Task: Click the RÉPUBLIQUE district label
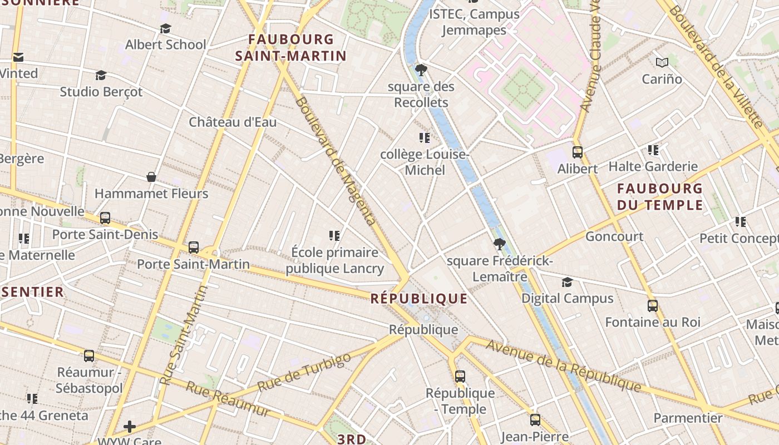[419, 299]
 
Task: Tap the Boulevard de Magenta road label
[335, 161]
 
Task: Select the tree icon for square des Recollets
[421, 70]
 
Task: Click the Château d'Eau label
[233, 122]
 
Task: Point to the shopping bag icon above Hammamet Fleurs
[151, 177]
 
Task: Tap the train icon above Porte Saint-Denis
[105, 218]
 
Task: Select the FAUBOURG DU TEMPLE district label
[660, 196]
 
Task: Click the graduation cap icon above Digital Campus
[567, 283]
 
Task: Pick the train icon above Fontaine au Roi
[653, 305]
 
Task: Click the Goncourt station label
[614, 236]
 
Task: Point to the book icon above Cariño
[662, 62]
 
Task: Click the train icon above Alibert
[578, 152]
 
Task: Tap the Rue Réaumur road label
[228, 399]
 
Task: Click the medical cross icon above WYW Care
[130, 427]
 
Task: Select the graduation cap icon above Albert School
[165, 28]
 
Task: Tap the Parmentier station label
[688, 418]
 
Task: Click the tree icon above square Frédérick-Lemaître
[499, 244]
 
